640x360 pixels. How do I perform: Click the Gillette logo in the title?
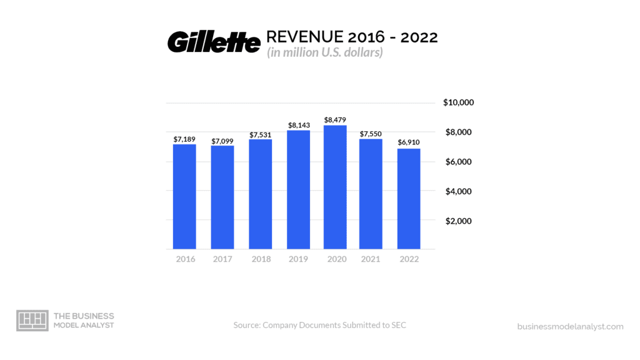pyautogui.click(x=213, y=42)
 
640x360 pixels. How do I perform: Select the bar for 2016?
pyautogui.click(x=184, y=197)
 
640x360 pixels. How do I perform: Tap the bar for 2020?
pyautogui.click(x=335, y=187)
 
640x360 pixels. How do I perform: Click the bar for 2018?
pyautogui.click(x=260, y=194)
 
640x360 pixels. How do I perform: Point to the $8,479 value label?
pyautogui.click(x=335, y=119)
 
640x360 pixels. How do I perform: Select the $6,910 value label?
pyautogui.click(x=409, y=142)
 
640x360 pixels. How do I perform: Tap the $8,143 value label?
pyautogui.click(x=298, y=125)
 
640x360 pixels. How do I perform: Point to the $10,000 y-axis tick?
pyautogui.click(x=459, y=102)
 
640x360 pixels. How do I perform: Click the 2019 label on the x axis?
pyautogui.click(x=297, y=259)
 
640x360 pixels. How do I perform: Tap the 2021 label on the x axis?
pyautogui.click(x=371, y=259)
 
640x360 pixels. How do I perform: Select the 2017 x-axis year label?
pyautogui.click(x=222, y=259)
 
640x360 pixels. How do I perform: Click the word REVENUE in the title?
pyautogui.click(x=307, y=37)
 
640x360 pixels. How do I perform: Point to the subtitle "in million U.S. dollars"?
pyautogui.click(x=325, y=53)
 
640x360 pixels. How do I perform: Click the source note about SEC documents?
pyautogui.click(x=319, y=325)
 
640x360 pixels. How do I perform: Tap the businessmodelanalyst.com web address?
pyautogui.click(x=570, y=326)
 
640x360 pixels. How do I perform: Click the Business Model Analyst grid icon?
pyautogui.click(x=32, y=320)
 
